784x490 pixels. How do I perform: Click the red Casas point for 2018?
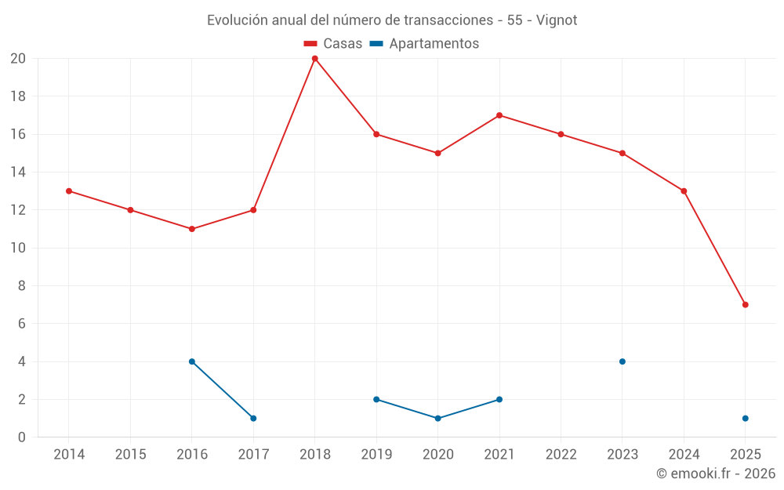click(x=314, y=59)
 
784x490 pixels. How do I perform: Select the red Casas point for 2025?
click(x=745, y=304)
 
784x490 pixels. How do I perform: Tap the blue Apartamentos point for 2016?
click(x=192, y=361)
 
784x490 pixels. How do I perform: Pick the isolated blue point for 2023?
click(x=622, y=361)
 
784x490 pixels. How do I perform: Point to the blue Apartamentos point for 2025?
click(x=745, y=418)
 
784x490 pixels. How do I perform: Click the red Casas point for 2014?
click(x=69, y=191)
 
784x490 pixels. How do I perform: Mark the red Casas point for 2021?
click(x=499, y=115)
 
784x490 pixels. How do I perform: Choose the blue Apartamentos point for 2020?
click(x=437, y=418)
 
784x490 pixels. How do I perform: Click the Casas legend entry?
click(x=333, y=44)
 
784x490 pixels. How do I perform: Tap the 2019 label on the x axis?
click(x=376, y=455)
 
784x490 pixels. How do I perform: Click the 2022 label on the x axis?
click(x=561, y=455)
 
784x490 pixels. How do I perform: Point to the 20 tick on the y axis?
click(x=17, y=59)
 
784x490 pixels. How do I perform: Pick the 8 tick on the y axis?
click(x=21, y=286)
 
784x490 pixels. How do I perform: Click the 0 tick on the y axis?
click(x=21, y=437)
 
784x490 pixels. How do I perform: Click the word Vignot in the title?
click(x=557, y=20)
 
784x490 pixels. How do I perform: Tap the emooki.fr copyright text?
click(x=716, y=474)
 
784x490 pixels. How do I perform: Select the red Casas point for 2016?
click(x=192, y=229)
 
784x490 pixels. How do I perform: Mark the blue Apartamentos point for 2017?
click(x=253, y=418)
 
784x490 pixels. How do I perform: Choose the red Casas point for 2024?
click(x=684, y=191)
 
